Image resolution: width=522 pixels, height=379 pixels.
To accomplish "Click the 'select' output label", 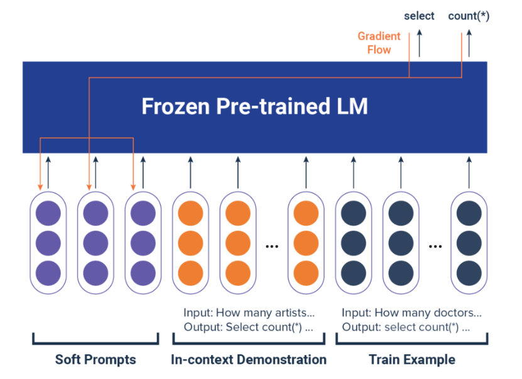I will pos(419,16).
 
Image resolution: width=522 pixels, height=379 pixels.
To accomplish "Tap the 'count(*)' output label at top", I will pos(468,16).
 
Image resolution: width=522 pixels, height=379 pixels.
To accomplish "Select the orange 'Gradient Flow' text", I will pos(379,43).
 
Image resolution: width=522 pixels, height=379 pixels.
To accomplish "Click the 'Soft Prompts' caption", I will pos(95,360).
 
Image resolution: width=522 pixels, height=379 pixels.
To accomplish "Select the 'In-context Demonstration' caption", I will pos(249,360).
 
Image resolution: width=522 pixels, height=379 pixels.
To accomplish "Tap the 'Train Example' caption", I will pos(412,360).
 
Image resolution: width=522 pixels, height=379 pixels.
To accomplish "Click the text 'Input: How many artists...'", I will pos(249,312).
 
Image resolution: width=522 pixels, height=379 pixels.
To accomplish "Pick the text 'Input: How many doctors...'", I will pos(411,312).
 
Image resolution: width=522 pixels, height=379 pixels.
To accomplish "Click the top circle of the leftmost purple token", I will pos(48,213).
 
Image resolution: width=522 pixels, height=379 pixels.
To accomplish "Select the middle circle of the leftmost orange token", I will pos(190,243).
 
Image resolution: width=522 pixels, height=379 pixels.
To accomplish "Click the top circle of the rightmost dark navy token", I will pos(469,213).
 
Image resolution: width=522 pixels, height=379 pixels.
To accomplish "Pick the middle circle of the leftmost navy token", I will pos(353,243).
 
